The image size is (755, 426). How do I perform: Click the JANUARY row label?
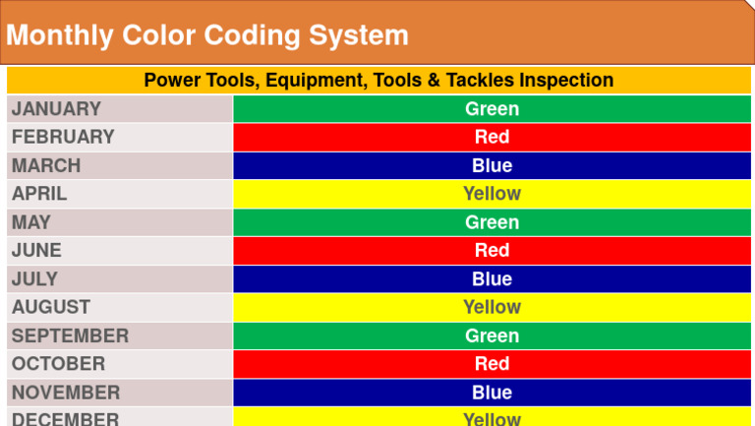coord(56,109)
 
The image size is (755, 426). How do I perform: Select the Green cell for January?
coord(492,109)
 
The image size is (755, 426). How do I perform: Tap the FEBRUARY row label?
coord(63,137)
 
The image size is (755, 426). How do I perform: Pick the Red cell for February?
coord(492,137)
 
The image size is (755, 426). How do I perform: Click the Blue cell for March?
coord(492,165)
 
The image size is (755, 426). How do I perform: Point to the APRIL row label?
coord(39,194)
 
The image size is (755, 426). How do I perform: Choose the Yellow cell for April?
coord(492,194)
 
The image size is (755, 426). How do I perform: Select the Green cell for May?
coord(492,222)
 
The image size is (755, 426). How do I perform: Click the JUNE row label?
coord(36,250)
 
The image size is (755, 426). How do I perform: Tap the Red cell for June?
coord(492,250)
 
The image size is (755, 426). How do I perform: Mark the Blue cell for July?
coord(492,278)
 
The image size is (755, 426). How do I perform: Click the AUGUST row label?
coord(51,307)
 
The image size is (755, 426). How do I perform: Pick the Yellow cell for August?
coord(492,307)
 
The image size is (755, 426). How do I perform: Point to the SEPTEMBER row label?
coord(70,335)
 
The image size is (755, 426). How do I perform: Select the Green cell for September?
coord(492,335)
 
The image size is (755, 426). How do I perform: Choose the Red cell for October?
coord(492,364)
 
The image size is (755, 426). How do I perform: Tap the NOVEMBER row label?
coord(66,393)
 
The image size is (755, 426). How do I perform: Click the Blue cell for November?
coord(492,393)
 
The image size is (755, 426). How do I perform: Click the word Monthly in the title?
coord(60,35)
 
